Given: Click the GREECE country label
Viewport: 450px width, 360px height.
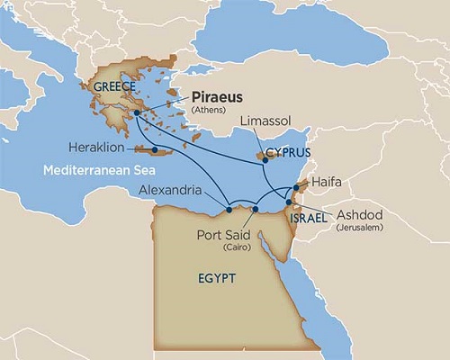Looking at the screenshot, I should click(x=112, y=86).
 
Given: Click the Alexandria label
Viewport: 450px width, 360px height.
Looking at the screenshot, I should click(x=176, y=190).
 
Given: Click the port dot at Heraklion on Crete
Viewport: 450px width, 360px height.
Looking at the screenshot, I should click(x=155, y=149).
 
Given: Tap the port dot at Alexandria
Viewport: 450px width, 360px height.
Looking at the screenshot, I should click(x=229, y=210).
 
